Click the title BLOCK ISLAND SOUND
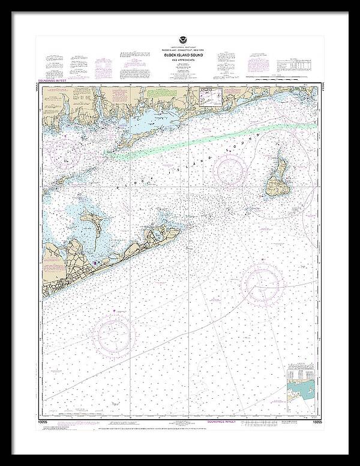[180, 54]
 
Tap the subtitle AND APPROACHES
[180, 60]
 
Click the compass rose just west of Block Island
[231, 170]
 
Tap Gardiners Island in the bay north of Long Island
[91, 223]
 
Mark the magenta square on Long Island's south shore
[93, 262]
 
